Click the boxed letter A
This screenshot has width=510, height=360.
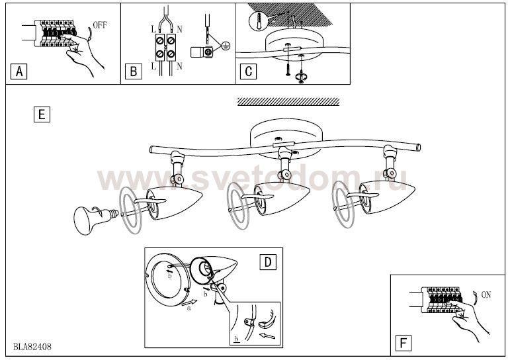[19, 71]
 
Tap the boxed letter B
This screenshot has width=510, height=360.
[134, 71]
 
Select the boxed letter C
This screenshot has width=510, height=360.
[248, 71]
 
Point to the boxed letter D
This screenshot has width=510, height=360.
[268, 262]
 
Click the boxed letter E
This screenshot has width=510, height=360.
[42, 114]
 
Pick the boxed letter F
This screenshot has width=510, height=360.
[404, 343]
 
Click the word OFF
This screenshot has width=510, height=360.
[100, 25]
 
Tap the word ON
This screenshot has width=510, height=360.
[486, 295]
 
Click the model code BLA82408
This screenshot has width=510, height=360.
[32, 347]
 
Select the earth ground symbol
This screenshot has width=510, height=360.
[225, 46]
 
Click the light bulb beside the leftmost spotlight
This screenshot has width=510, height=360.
[96, 219]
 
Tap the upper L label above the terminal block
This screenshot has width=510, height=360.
[153, 29]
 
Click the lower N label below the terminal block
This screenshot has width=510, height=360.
[179, 66]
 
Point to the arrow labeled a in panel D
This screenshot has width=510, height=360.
[189, 303]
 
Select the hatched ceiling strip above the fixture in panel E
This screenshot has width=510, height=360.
[288, 101]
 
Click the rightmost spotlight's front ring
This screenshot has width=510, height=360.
[334, 204]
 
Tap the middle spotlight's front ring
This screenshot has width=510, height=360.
[230, 206]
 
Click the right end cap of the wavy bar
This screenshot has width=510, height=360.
[419, 147]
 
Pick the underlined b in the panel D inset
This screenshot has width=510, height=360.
[236, 339]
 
